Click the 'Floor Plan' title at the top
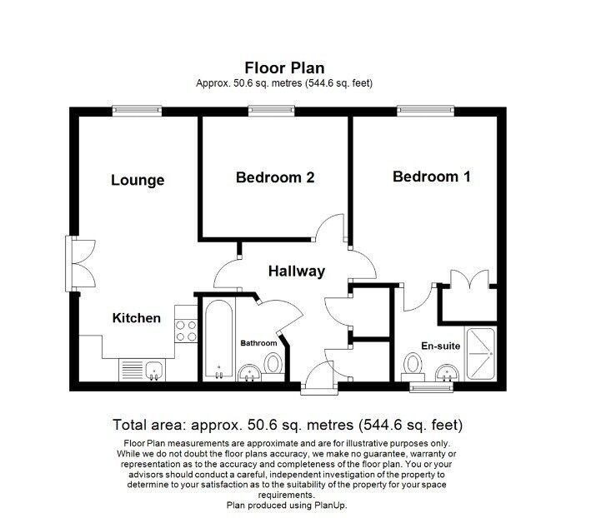284,67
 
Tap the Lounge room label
138,180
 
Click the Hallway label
296,271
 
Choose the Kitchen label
137,317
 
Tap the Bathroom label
258,342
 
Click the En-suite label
439,346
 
